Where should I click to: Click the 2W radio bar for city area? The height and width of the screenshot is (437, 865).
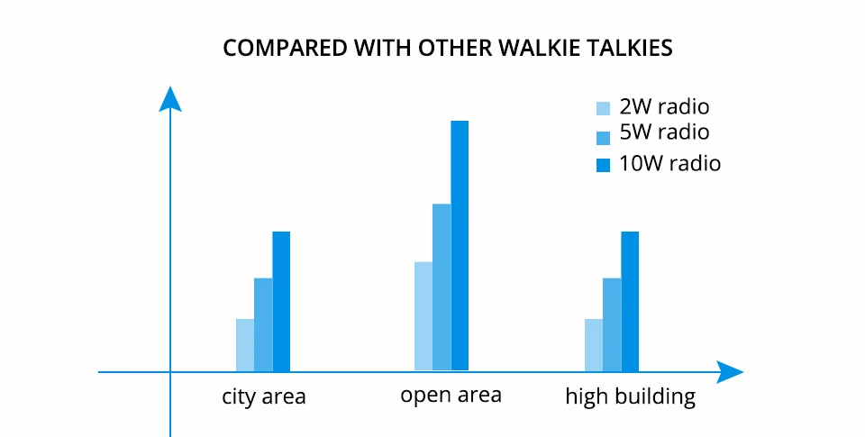click(245, 345)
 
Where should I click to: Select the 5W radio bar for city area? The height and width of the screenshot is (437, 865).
click(263, 324)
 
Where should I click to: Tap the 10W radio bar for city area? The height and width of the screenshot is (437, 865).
click(281, 301)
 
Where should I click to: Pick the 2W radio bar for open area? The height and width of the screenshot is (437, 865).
click(423, 316)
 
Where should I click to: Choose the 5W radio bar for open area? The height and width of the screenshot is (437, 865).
click(442, 287)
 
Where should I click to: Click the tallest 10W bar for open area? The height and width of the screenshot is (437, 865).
click(460, 246)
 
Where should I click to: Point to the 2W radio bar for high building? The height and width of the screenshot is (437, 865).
click(594, 345)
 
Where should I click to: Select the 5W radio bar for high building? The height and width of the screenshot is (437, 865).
click(612, 324)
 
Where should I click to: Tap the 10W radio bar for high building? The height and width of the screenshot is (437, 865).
click(630, 301)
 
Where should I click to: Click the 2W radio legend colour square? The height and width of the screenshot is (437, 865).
click(604, 108)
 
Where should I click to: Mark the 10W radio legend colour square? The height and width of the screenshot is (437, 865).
click(604, 165)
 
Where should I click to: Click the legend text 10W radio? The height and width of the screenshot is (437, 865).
click(669, 164)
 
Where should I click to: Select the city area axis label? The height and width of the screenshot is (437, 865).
click(264, 396)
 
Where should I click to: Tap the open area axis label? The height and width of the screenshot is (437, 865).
click(451, 395)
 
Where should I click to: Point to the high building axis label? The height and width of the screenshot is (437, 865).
click(631, 396)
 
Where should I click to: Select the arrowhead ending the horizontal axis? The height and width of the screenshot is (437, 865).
click(730, 372)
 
